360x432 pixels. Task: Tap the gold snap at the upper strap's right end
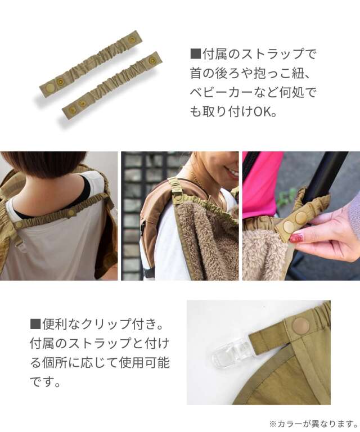[132, 40]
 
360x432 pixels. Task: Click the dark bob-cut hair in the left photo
[45, 169]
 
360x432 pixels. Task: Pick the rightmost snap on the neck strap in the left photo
[71, 213]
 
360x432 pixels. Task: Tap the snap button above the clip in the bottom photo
[300, 325]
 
